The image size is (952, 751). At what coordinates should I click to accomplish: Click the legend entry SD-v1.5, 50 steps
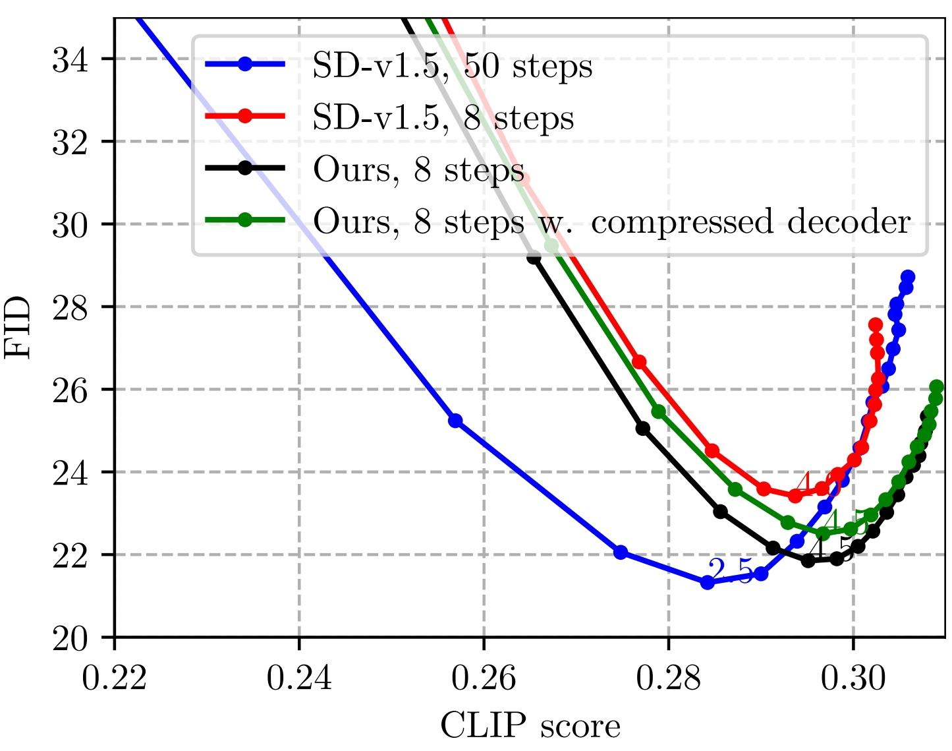pos(452,66)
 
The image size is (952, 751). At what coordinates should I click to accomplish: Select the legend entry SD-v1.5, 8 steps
pos(443,118)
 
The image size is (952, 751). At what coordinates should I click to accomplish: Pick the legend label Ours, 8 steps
pos(418,170)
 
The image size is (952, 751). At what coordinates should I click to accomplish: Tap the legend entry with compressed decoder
pos(611,222)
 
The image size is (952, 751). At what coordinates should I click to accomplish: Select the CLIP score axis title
pos(530,726)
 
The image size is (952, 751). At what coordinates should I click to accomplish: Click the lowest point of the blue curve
pos(708,582)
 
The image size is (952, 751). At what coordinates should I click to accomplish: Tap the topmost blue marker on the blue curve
pos(908,277)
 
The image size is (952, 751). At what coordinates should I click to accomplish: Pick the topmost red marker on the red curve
pos(876,324)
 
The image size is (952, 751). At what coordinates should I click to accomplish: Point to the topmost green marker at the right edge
pos(936,387)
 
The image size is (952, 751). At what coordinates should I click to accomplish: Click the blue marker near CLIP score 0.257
pos(455,421)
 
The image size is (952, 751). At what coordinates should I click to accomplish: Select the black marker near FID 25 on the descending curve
pos(643,429)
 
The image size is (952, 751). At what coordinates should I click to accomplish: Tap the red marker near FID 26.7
pos(639,361)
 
